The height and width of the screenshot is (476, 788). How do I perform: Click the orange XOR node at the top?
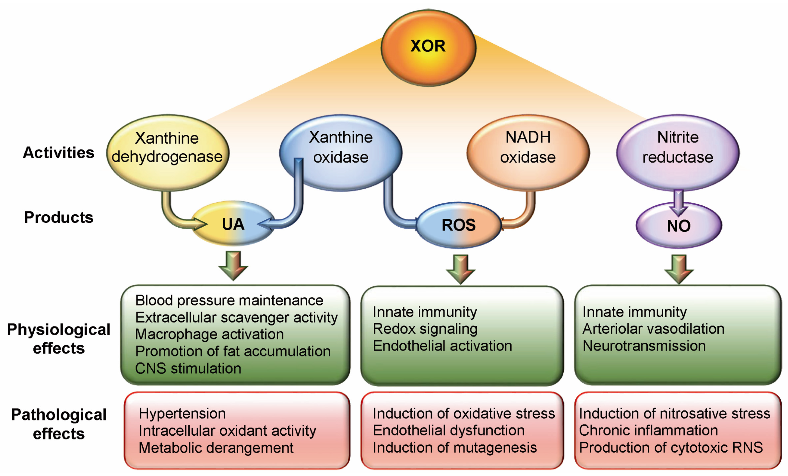coord(428,47)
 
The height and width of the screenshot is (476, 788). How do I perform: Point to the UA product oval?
coord(233,224)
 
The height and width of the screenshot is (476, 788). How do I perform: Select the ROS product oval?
coord(458,225)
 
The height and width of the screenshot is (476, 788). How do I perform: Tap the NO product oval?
coord(679,226)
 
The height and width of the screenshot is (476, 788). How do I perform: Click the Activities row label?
coord(59,153)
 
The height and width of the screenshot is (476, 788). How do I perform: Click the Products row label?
coord(59,217)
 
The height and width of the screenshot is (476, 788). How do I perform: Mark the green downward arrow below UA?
coord(233,265)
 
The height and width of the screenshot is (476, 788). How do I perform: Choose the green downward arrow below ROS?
coord(460,269)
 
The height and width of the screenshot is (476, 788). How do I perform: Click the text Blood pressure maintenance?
coord(229,300)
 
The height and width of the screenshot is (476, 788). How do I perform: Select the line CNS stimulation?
coord(188,368)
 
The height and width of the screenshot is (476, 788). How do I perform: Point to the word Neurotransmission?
coord(644,346)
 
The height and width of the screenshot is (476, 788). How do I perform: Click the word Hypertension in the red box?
coord(182,414)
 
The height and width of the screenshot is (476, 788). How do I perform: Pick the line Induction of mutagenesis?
coord(454,448)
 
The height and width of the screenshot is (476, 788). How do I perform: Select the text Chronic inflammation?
coord(648,430)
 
